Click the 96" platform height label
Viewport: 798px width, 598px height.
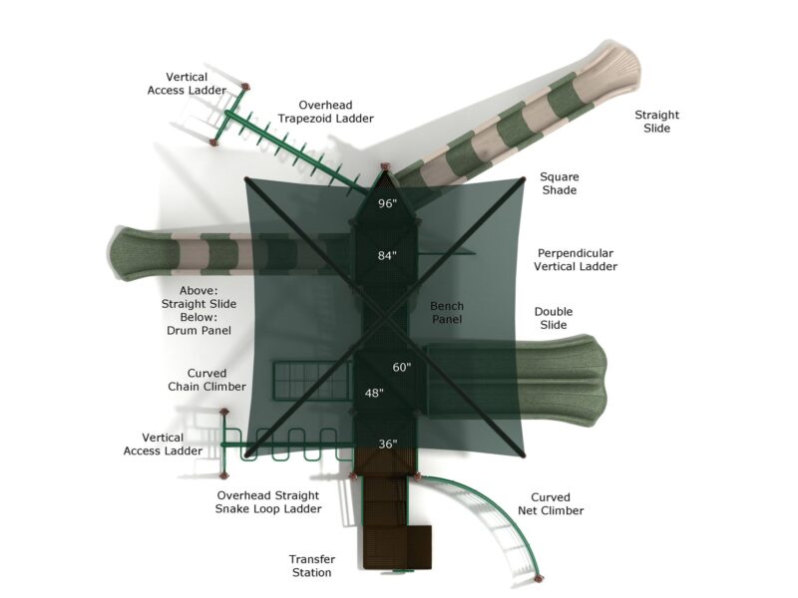tap(387, 203)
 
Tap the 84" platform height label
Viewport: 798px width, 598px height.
tap(387, 256)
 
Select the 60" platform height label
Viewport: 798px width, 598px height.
tap(401, 368)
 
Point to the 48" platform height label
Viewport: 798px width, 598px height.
tap(374, 393)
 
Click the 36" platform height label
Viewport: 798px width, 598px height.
tap(387, 444)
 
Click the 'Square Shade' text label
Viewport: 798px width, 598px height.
tap(559, 183)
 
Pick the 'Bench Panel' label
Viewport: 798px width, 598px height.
tap(447, 313)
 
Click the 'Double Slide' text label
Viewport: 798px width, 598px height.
tap(554, 318)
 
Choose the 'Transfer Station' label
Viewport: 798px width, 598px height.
tap(311, 566)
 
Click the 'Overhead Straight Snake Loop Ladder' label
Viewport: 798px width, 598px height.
tap(268, 502)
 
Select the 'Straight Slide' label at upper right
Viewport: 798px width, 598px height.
tap(656, 122)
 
